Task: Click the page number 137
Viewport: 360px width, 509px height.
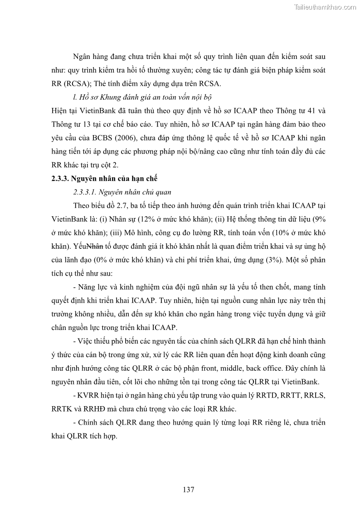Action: [189, 490]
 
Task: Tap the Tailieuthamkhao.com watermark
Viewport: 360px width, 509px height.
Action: [326, 7]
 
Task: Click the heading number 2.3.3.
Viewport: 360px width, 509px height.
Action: [61, 177]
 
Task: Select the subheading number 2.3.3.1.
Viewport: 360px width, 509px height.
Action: [87, 191]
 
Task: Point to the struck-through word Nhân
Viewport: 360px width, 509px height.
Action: [95, 247]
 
